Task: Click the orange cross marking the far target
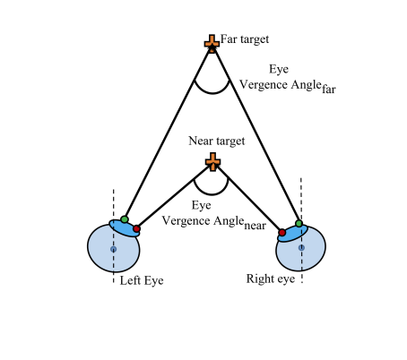click(x=212, y=44)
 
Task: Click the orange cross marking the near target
click(x=212, y=162)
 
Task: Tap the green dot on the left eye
click(x=125, y=219)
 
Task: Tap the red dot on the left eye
click(x=136, y=229)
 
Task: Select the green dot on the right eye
click(x=299, y=223)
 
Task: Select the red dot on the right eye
click(x=282, y=232)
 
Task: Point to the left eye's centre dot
click(x=113, y=249)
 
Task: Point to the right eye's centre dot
click(x=301, y=247)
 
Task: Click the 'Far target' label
click(x=245, y=39)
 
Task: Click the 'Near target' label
click(x=217, y=141)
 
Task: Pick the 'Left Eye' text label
click(x=142, y=280)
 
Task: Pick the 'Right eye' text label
click(x=271, y=279)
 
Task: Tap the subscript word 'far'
click(x=329, y=89)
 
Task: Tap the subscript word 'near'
click(x=255, y=226)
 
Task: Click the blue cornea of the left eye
click(x=125, y=228)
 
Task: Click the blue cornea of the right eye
click(x=292, y=234)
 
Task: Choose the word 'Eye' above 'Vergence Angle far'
click(x=279, y=69)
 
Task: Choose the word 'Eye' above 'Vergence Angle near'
click(x=201, y=205)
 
